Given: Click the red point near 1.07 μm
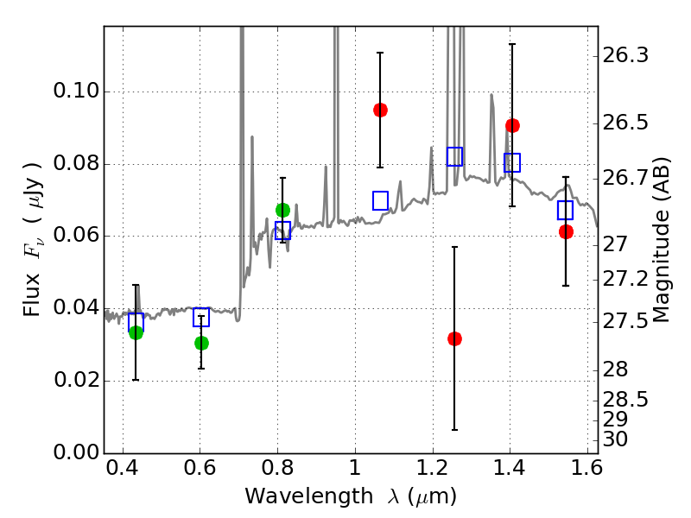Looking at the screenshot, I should [x=380, y=110].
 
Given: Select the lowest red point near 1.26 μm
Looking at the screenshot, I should [x=454, y=338].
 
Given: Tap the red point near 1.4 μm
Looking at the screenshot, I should [x=512, y=125].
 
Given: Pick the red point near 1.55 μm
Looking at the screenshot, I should [x=566, y=231].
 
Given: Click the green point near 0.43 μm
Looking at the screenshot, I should [x=136, y=332].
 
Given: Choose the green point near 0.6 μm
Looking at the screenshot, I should [x=201, y=343].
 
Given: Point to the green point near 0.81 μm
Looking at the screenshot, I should [x=282, y=210].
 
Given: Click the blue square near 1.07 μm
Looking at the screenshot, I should [x=380, y=200].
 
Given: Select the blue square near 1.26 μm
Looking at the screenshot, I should [x=454, y=156].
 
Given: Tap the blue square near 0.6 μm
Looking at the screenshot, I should [x=201, y=317].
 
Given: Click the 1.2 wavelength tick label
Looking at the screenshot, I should [x=432, y=472].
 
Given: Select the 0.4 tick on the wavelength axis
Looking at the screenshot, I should [x=123, y=472].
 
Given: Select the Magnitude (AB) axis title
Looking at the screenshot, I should [x=662, y=240].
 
